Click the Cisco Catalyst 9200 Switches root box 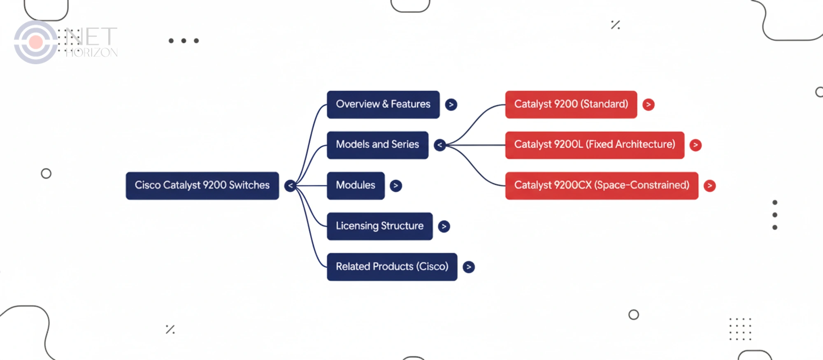(x=202, y=186)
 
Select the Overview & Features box (x=383, y=105)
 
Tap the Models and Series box (x=377, y=145)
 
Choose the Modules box (x=356, y=186)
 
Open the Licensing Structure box (x=379, y=226)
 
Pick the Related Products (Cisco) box (x=392, y=267)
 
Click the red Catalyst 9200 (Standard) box (x=571, y=105)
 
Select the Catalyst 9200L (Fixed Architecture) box (x=594, y=145)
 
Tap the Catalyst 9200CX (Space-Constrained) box (x=601, y=186)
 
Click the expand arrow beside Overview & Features (x=451, y=105)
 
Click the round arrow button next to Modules (x=395, y=186)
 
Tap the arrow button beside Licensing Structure (x=444, y=226)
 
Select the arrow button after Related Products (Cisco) (x=468, y=267)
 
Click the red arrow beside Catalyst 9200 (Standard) (x=648, y=105)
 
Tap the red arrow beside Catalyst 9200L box (x=695, y=145)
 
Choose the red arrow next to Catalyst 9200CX (x=709, y=186)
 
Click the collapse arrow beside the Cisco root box (x=290, y=186)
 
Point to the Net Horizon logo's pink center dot (x=36, y=42)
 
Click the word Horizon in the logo (x=91, y=53)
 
